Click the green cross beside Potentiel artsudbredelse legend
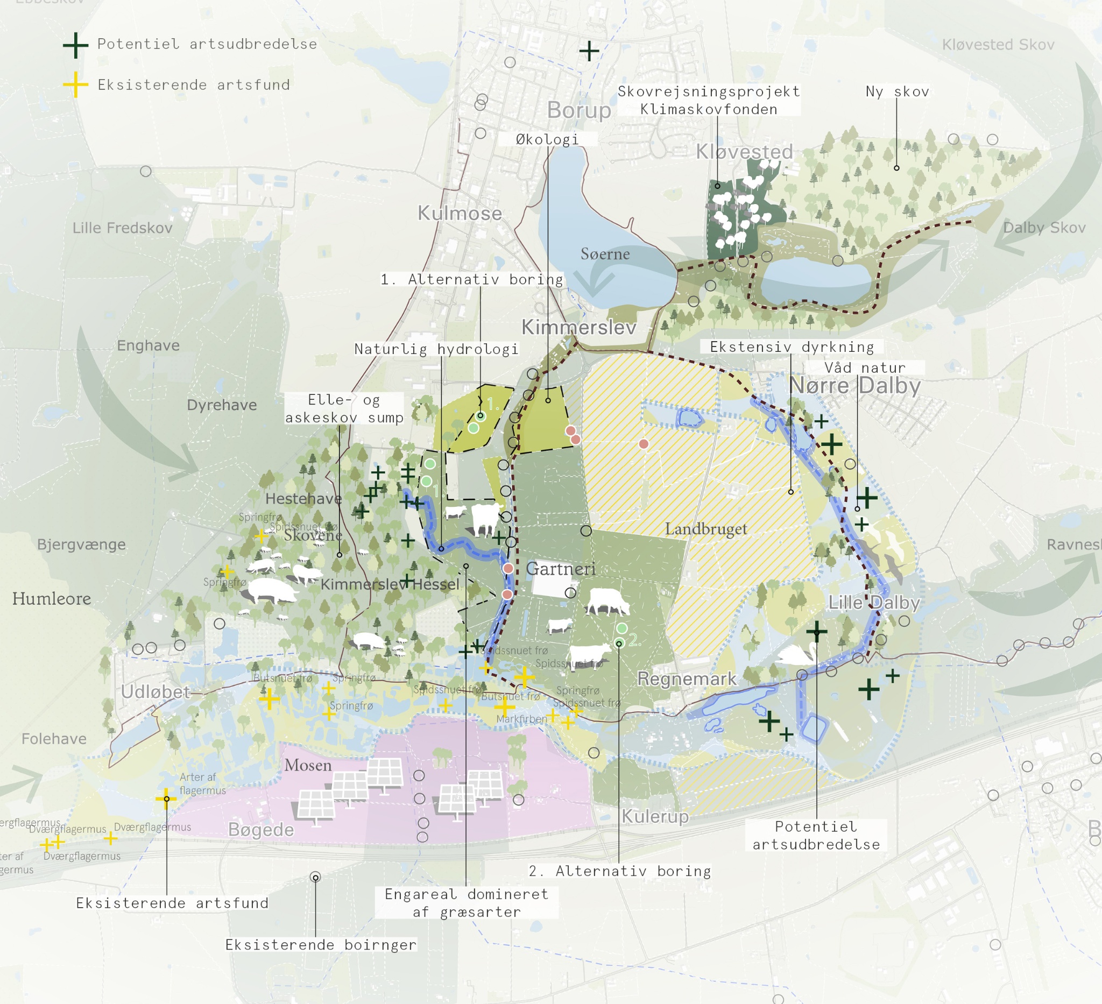(75, 45)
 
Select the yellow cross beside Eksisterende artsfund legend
(75, 85)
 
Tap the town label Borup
(579, 110)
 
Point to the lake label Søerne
(605, 254)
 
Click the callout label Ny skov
(897, 91)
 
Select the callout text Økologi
(547, 139)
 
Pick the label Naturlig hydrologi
(436, 349)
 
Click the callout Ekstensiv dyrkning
(792, 347)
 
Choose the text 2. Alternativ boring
(619, 871)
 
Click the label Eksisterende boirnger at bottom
(321, 944)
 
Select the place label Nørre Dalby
(855, 386)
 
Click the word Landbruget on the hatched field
(705, 529)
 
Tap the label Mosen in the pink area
(308, 765)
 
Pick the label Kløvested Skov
(998, 45)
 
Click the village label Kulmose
(459, 213)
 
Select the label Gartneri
(560, 569)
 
